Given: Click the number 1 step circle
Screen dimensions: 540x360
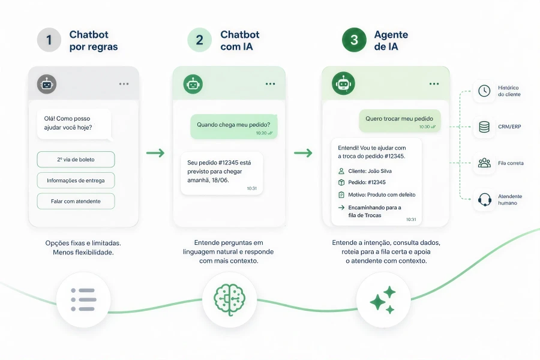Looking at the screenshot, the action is click(x=49, y=40).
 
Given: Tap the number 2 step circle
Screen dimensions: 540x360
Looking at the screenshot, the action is click(x=199, y=40).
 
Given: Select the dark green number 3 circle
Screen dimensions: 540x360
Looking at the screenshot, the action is click(x=354, y=40).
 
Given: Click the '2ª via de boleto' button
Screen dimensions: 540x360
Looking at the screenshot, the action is click(x=76, y=160).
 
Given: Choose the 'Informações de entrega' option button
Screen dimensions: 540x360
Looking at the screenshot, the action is click(x=76, y=181).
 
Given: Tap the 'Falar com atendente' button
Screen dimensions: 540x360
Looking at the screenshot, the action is click(x=76, y=201).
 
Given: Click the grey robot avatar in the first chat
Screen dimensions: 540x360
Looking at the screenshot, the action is click(x=47, y=84).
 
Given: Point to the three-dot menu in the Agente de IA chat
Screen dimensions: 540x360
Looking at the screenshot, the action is click(x=434, y=84).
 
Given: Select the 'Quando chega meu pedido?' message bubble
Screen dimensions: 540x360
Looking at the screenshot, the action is click(x=234, y=127).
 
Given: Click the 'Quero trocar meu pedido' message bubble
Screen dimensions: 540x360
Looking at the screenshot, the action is click(x=400, y=121).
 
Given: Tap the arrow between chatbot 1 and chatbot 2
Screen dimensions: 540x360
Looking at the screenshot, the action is click(x=155, y=152).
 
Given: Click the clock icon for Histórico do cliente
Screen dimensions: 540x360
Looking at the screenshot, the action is click(x=484, y=91).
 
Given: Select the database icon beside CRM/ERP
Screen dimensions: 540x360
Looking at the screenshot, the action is click(x=484, y=127).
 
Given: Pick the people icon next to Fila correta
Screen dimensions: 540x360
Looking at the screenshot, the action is click(x=484, y=163).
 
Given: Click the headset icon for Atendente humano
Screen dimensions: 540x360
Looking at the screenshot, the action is click(x=484, y=199).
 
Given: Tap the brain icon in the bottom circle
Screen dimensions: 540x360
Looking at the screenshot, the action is click(x=229, y=299).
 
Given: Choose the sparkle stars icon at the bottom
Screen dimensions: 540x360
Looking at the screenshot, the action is click(x=383, y=300).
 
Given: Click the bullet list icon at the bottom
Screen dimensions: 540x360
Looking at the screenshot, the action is click(x=83, y=300).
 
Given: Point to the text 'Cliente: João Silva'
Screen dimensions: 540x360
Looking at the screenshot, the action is click(x=370, y=171).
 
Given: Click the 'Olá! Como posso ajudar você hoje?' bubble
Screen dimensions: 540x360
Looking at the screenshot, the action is click(x=74, y=124).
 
